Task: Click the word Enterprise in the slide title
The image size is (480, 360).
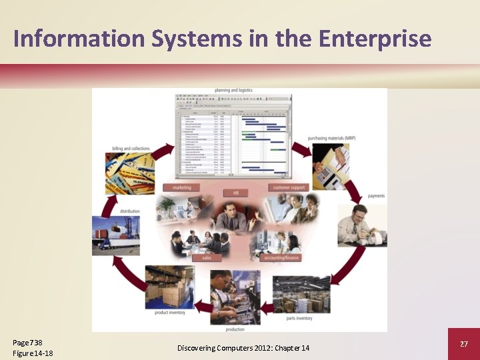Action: coord(375,39)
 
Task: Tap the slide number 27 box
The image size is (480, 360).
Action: coord(464,343)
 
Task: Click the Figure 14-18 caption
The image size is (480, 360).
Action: coord(33,353)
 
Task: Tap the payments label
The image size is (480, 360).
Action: coord(376,196)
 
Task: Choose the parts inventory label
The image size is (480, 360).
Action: coord(299,318)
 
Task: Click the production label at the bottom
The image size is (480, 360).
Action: coord(235,329)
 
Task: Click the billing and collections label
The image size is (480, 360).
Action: coord(131,149)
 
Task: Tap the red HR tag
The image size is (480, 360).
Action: coord(235,193)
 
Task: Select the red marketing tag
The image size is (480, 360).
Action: coord(181,187)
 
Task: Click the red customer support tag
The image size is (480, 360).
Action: coord(289,187)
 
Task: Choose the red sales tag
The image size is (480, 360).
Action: coord(207,257)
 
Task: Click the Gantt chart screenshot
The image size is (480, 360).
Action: coord(233,137)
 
